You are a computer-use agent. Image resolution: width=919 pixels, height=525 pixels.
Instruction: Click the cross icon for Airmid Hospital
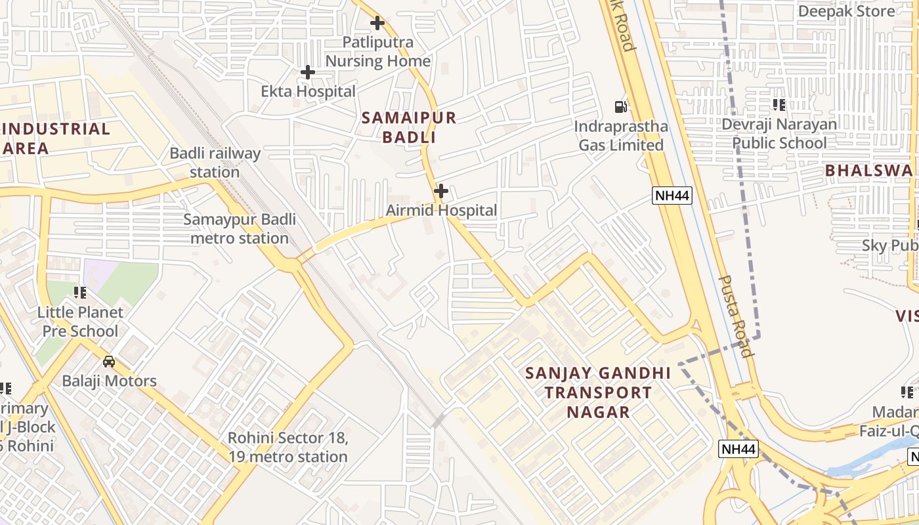click(441, 191)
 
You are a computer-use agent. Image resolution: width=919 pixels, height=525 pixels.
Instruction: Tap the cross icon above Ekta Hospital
click(307, 72)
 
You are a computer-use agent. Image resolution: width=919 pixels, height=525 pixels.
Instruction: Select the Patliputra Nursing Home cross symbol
click(377, 23)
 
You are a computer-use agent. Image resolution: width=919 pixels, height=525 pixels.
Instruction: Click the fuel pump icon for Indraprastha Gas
click(620, 106)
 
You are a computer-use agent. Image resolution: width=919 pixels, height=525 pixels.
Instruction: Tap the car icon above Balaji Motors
click(109, 362)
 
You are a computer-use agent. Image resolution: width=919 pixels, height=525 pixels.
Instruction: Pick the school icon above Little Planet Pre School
click(80, 293)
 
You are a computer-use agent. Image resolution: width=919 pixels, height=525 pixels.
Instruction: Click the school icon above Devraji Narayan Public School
click(779, 105)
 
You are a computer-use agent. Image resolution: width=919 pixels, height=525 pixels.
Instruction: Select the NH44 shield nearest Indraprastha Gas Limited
click(672, 195)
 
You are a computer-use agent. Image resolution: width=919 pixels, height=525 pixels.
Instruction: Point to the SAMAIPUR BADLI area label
click(408, 127)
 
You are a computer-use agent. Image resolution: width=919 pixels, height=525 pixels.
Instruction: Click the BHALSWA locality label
click(868, 171)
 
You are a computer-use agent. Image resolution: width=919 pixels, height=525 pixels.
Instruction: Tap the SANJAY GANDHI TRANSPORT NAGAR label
click(598, 392)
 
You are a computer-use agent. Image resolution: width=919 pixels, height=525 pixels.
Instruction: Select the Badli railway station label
click(215, 163)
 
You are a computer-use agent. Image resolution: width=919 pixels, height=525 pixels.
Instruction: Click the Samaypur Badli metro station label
click(240, 228)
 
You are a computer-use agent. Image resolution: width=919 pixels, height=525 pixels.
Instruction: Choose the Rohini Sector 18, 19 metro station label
click(288, 447)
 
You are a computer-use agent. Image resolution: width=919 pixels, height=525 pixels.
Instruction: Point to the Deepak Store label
click(845, 11)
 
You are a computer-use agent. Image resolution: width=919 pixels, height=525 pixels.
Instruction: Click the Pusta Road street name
click(735, 316)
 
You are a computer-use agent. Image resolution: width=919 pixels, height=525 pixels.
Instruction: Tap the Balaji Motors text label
click(109, 381)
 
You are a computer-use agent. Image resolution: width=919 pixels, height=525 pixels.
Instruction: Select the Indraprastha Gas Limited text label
click(620, 135)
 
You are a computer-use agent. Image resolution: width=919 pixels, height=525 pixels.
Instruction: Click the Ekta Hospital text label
click(308, 91)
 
